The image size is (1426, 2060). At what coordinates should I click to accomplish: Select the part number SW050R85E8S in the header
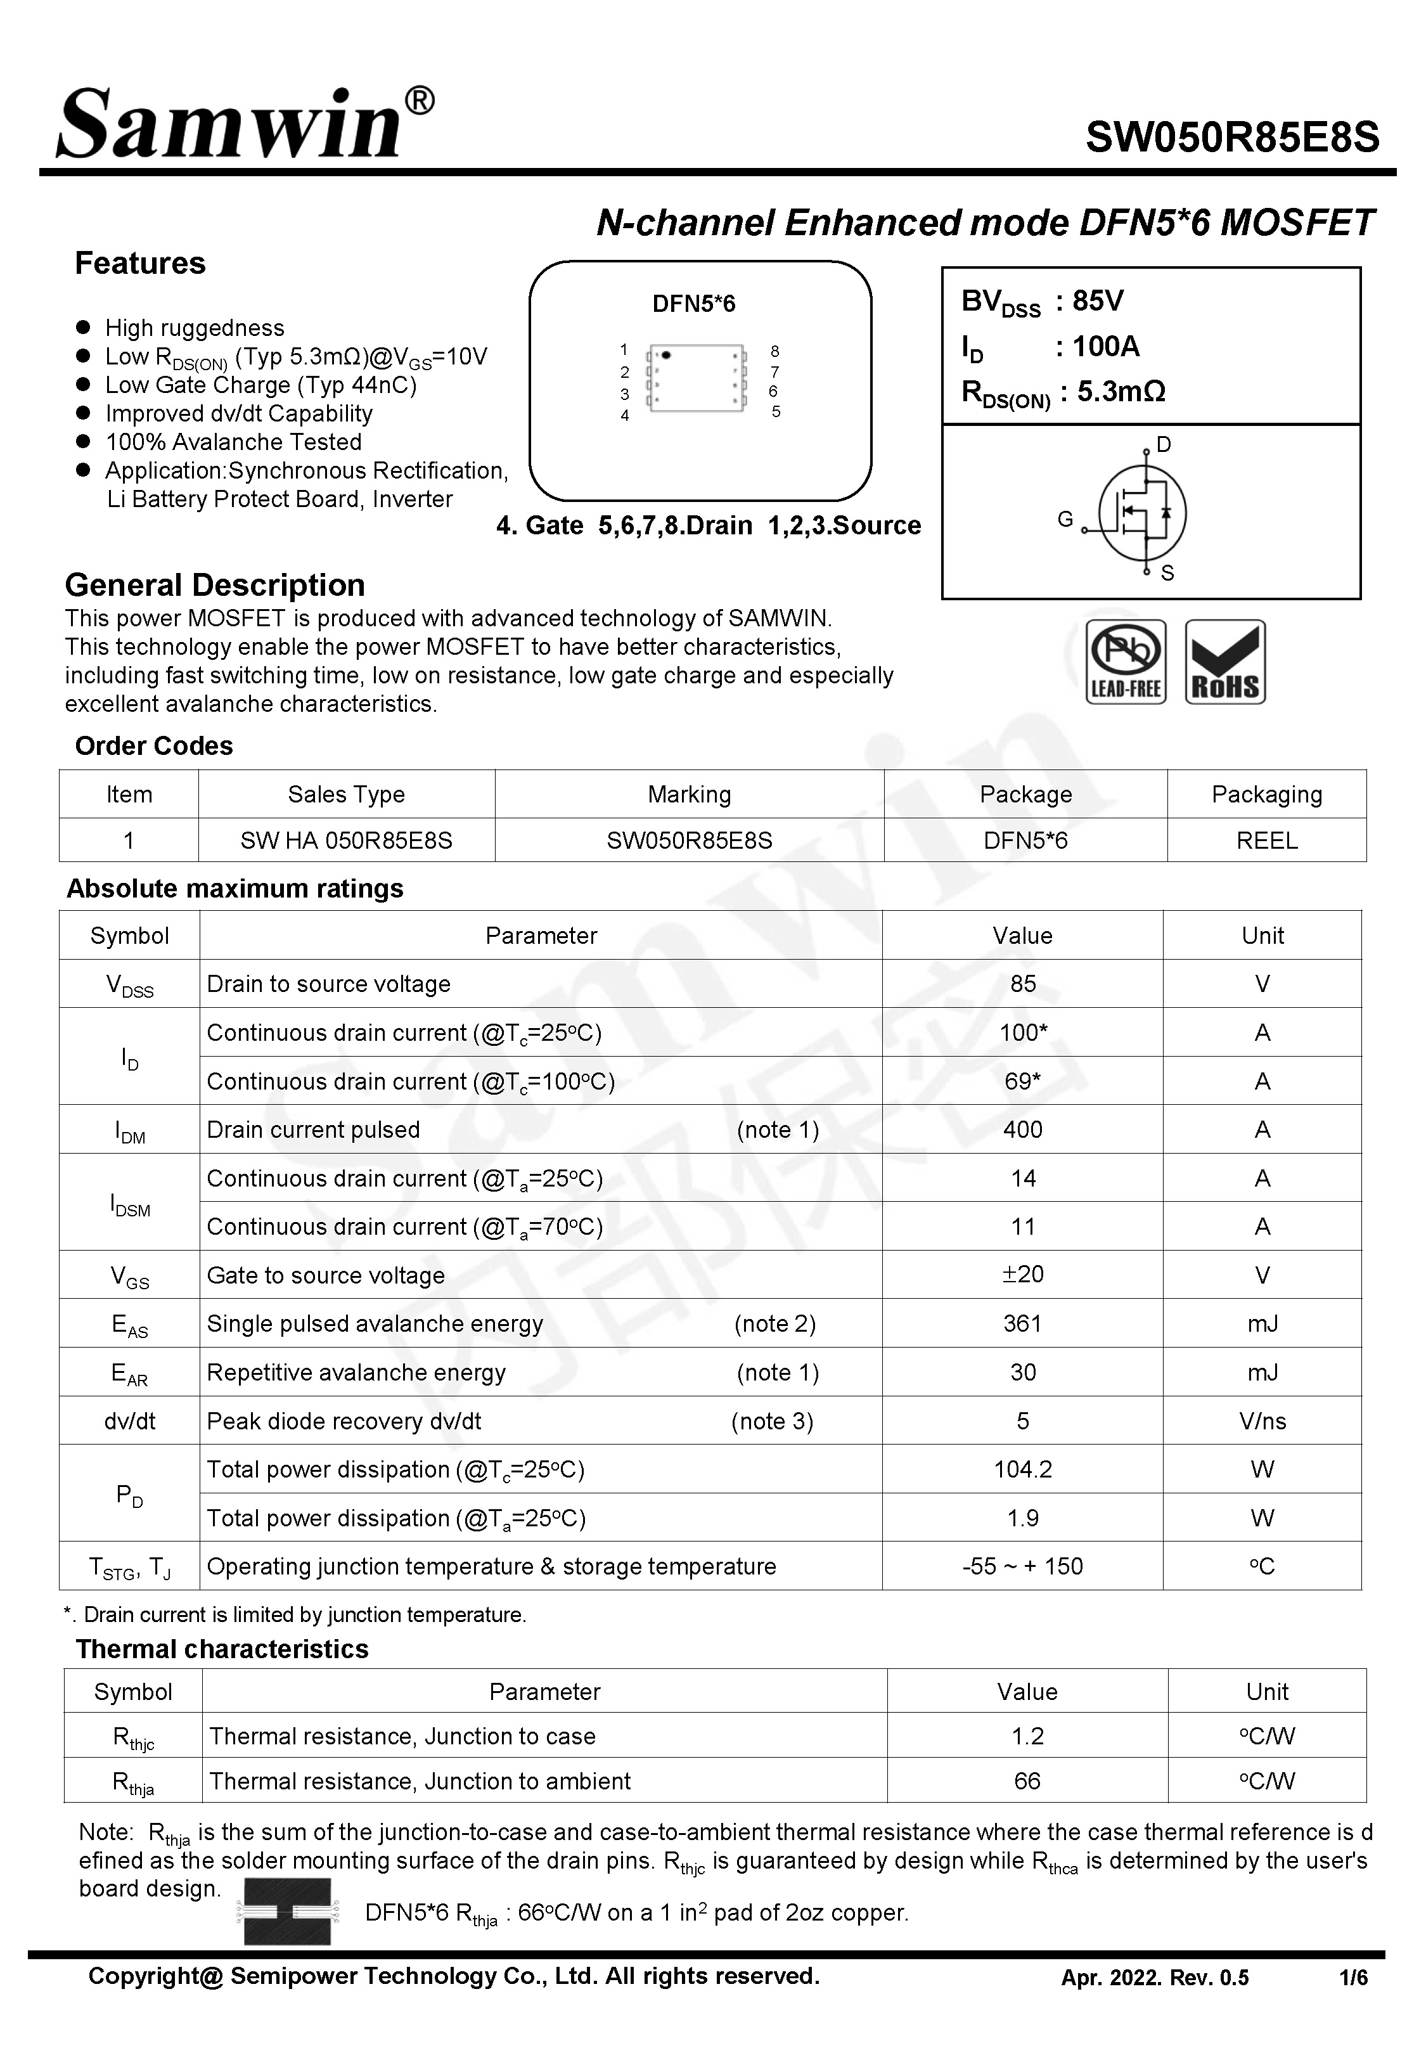pyautogui.click(x=1231, y=138)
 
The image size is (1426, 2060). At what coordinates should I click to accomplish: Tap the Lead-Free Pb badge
pyautogui.click(x=1126, y=662)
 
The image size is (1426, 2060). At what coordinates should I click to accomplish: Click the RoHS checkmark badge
pyautogui.click(x=1225, y=662)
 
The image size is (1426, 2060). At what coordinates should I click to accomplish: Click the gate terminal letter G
pyautogui.click(x=1065, y=519)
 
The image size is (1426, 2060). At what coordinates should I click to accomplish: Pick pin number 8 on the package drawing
pyautogui.click(x=774, y=351)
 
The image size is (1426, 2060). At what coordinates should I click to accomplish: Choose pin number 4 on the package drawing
pyautogui.click(x=624, y=415)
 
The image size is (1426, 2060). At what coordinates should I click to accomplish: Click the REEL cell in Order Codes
pyautogui.click(x=1266, y=840)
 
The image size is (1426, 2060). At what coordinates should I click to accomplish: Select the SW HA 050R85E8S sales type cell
pyautogui.click(x=346, y=840)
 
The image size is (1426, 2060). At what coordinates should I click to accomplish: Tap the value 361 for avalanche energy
pyautogui.click(x=1022, y=1324)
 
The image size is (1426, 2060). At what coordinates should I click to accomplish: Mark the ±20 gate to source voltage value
pyautogui.click(x=1022, y=1275)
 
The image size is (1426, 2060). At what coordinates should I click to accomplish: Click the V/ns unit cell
pyautogui.click(x=1262, y=1421)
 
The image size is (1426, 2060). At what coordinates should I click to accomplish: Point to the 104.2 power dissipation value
pyautogui.click(x=1022, y=1469)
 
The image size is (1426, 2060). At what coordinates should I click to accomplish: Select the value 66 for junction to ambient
pyautogui.click(x=1027, y=1781)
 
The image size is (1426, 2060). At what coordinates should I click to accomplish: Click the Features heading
pyautogui.click(x=140, y=264)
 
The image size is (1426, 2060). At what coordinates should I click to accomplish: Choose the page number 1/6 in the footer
pyautogui.click(x=1352, y=1978)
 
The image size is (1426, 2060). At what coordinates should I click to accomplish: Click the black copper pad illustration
pyautogui.click(x=287, y=1912)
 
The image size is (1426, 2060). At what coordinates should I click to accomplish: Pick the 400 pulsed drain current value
pyautogui.click(x=1022, y=1130)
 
